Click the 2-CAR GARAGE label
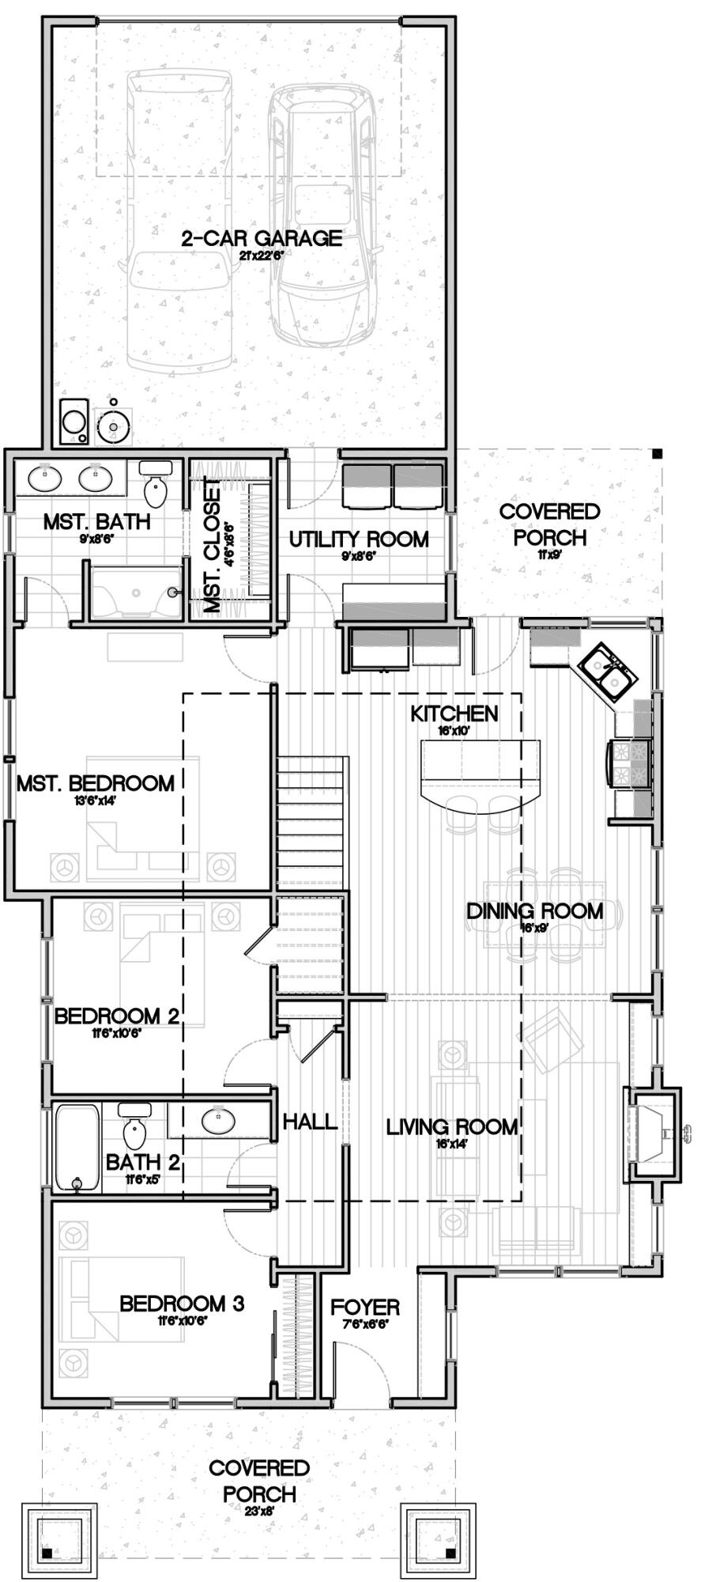coord(262,238)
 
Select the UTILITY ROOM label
coord(359,539)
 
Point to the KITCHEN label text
coord(454,713)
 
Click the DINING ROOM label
coord(534,911)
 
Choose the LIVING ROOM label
coord(451,1127)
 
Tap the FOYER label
coord(365,1308)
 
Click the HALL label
coord(310,1122)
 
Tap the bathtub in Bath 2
coord(77,1147)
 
